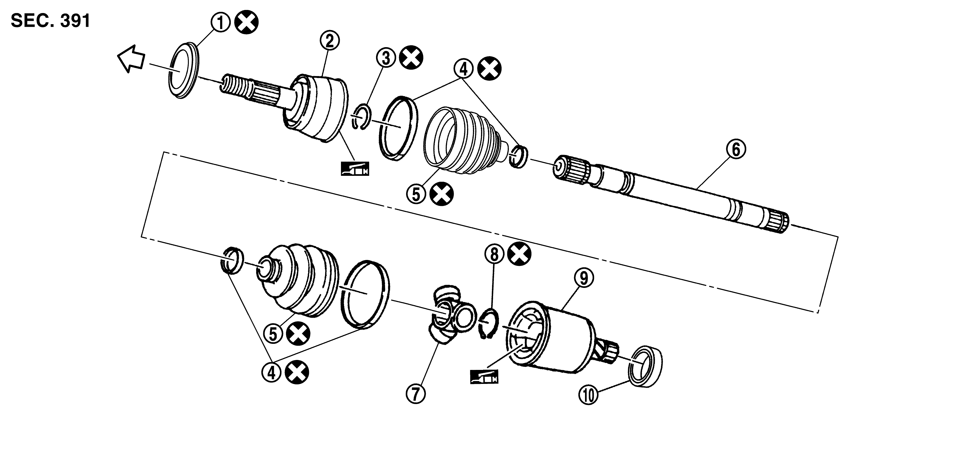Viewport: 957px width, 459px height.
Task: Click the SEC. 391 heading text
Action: tap(50, 21)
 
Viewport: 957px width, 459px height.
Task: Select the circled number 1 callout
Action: tap(221, 23)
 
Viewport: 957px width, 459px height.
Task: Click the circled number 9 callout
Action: tap(584, 278)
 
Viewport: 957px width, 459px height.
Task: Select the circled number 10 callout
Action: tap(589, 395)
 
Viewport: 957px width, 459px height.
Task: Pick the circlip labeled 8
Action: tap(488, 324)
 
